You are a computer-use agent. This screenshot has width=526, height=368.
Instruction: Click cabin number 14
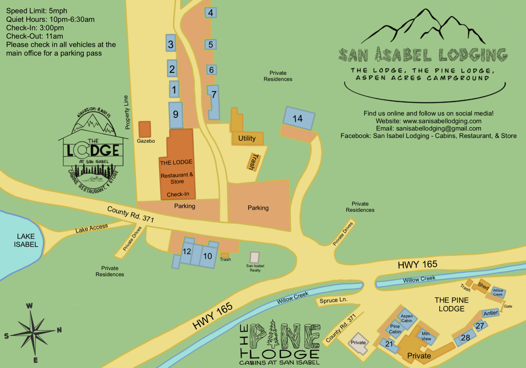(298, 119)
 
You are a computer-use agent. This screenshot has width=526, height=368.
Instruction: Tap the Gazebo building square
(145, 129)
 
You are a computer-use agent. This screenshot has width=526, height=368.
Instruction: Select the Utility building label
(247, 138)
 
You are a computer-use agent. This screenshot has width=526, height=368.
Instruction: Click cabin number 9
(176, 114)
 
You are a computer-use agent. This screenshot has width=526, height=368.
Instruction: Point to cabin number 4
(210, 13)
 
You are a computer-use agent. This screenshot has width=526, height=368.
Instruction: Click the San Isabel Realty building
(255, 257)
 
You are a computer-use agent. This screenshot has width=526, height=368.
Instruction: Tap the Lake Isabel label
(26, 240)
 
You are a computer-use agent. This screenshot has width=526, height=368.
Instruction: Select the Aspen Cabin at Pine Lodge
(407, 318)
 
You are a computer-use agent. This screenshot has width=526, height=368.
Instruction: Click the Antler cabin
(491, 313)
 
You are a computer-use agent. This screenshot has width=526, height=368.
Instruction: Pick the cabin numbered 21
(389, 344)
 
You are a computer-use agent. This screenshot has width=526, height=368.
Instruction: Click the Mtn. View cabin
(426, 336)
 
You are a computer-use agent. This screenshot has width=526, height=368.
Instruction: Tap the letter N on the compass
(59, 330)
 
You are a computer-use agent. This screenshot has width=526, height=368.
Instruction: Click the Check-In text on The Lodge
(178, 194)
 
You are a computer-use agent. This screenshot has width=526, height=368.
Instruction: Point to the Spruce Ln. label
(333, 300)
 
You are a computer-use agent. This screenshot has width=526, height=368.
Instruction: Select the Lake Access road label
(91, 228)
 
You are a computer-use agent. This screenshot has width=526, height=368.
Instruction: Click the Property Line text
(127, 112)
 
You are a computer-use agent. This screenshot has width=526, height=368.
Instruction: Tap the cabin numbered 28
(465, 338)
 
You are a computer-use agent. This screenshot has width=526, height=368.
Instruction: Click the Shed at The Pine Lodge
(483, 286)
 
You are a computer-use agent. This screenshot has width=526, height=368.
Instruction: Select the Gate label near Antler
(508, 306)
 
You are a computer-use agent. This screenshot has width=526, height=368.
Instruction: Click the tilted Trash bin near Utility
(254, 162)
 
